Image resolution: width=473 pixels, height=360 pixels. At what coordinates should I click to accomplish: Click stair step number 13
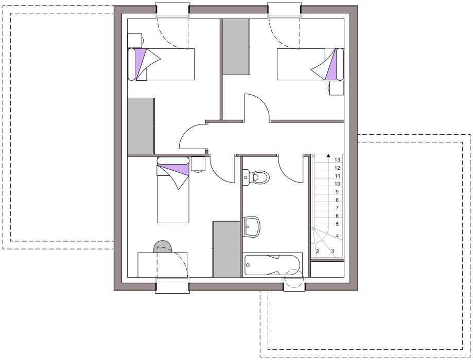pos(337,160)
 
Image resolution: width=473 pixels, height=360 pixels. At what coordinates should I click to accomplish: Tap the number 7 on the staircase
pos(337,208)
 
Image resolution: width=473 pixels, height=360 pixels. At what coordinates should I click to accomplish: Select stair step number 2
pos(318,251)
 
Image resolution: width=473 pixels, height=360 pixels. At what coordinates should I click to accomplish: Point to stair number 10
pos(337,184)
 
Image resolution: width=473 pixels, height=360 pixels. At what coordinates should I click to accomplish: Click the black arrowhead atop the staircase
pos(328,156)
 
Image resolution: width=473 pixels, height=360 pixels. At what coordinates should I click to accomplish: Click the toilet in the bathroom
pos(255,177)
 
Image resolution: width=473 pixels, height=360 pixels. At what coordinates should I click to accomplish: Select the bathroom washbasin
pos(251,227)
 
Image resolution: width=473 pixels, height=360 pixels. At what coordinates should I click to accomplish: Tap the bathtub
pos(273,265)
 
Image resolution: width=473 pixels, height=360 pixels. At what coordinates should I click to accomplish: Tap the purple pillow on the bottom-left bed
pos(173,169)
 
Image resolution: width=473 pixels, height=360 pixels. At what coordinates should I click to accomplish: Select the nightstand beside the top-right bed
pos(336,88)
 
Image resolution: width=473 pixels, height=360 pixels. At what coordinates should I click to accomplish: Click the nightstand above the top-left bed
pos(135,41)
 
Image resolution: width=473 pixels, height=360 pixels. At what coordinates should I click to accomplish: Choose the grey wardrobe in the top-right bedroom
pos(236,46)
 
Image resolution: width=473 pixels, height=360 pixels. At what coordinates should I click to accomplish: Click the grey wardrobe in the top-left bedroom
pos(141,125)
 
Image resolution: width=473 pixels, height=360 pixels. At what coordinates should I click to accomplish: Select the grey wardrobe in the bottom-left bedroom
pos(226,249)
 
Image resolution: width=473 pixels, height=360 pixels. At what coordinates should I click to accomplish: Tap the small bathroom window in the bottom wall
pos(294,284)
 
